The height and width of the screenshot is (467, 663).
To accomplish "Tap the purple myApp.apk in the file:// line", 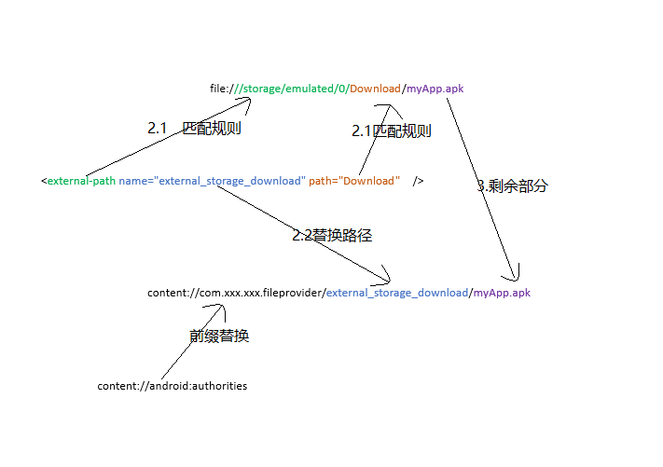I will [435, 89].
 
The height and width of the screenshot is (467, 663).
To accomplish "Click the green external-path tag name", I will [81, 181].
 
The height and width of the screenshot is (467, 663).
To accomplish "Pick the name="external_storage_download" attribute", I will [212, 181].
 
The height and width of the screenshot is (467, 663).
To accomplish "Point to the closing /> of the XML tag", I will [418, 181].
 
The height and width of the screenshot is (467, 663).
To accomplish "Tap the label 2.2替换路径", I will [332, 236].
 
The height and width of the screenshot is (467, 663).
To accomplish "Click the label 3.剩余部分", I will [513, 185].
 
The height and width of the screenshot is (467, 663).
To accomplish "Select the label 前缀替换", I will [219, 337].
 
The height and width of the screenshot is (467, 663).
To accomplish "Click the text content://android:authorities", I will [173, 386].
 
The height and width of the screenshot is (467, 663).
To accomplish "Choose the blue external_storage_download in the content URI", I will [396, 293].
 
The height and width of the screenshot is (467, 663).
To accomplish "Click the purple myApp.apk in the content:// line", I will [502, 293].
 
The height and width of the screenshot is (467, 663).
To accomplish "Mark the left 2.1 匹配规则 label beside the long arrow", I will [194, 129].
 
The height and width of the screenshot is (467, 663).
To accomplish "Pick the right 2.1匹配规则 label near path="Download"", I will [392, 131].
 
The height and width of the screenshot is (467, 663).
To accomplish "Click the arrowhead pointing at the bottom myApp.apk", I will [513, 277].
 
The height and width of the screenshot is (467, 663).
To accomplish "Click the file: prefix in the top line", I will [220, 89].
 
